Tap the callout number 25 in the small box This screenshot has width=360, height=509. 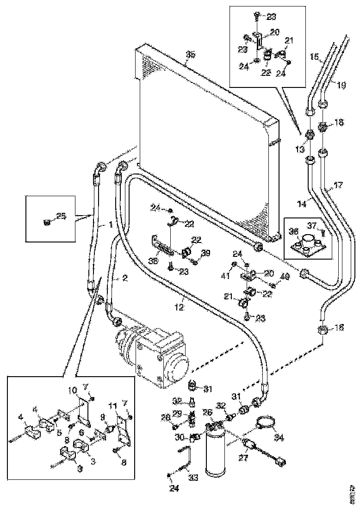tap(62, 216)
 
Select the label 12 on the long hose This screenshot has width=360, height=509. tap(181, 306)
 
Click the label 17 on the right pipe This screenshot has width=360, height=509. tap(339, 186)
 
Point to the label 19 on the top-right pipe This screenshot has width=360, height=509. tap(341, 85)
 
